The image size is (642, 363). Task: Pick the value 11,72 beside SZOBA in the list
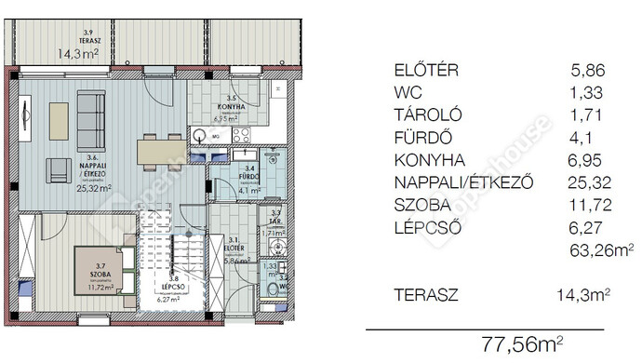589,205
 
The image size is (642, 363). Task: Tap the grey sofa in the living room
90,114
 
